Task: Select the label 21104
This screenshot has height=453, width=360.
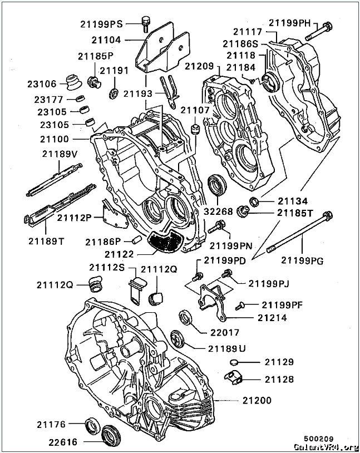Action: [x=106, y=40]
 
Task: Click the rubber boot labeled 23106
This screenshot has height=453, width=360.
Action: [x=72, y=81]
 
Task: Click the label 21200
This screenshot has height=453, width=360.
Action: [x=257, y=401]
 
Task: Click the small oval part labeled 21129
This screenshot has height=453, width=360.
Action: [x=234, y=363]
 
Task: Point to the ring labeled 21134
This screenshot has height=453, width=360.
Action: [x=253, y=201]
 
